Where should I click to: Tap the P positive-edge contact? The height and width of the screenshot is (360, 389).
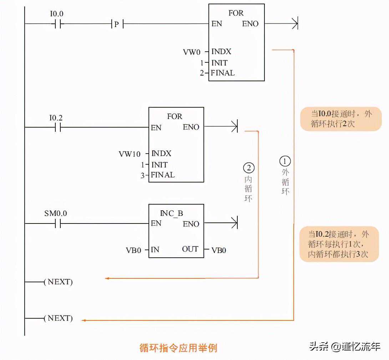point(116,25)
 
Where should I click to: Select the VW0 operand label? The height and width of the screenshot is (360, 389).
point(192,52)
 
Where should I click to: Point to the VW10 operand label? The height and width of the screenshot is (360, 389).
point(130,154)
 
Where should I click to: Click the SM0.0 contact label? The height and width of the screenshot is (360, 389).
point(55,214)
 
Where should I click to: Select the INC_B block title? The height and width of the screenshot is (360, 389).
point(171,213)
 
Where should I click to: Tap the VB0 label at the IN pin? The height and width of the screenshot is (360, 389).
point(133,250)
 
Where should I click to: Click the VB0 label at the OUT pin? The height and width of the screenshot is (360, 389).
point(219,250)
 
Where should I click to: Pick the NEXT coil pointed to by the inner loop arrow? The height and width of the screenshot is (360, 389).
point(58,282)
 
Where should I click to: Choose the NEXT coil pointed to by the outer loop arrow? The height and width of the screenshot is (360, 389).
point(58,318)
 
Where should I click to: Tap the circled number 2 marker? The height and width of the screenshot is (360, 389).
point(248,167)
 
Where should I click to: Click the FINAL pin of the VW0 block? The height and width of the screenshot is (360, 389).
point(223,73)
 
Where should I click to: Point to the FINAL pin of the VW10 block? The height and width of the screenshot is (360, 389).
point(163,175)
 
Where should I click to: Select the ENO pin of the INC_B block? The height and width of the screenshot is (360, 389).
point(191,224)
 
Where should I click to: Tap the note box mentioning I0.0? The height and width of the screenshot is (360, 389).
point(340,119)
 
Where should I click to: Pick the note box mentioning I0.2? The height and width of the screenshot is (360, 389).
point(339,244)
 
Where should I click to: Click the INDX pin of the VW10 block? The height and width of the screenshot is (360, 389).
point(161,154)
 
